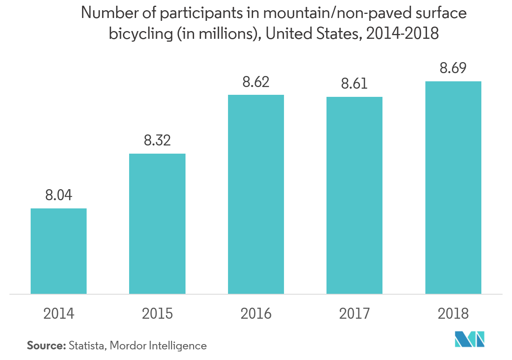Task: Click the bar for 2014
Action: [x=59, y=251]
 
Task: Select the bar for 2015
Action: [x=157, y=224]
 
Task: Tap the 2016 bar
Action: [x=256, y=194]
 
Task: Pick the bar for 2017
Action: [x=354, y=195]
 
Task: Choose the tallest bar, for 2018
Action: [x=453, y=187]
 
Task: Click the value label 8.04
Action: [x=59, y=195]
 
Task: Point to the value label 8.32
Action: [x=157, y=141]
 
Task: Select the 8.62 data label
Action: [x=256, y=82]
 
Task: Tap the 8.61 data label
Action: [x=354, y=84]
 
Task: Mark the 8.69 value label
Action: [x=453, y=68]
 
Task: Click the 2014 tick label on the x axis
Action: [x=59, y=314]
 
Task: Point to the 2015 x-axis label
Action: [x=157, y=314]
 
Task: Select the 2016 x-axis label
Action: [x=256, y=314]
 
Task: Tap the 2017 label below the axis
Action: [x=354, y=314]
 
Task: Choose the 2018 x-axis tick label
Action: [x=453, y=314]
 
